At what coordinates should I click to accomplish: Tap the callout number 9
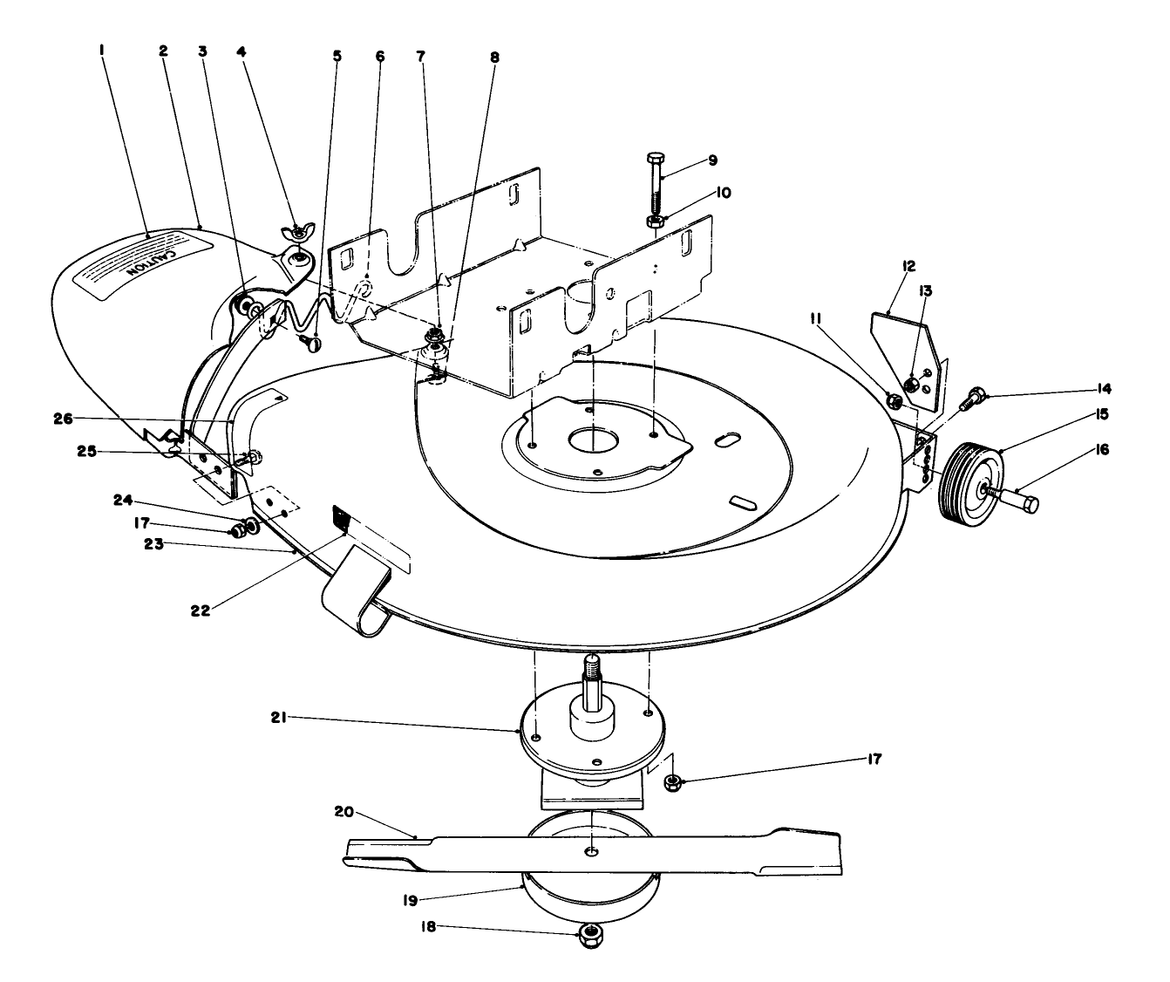pos(712,160)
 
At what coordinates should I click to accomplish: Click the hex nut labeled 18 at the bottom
pos(592,936)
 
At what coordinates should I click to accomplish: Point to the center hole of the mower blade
pos(592,849)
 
